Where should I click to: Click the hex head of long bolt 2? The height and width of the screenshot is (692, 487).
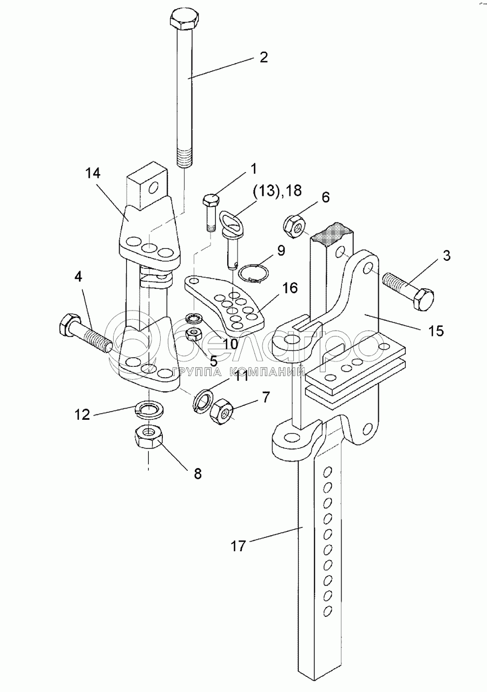pos(185,21)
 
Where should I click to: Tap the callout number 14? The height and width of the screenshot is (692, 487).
pos(93,174)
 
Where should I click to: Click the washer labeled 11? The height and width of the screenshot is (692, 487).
pos(203,400)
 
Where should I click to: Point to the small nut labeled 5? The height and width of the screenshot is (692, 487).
pos(193,335)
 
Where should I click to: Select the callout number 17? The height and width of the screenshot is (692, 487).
pos(238,546)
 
